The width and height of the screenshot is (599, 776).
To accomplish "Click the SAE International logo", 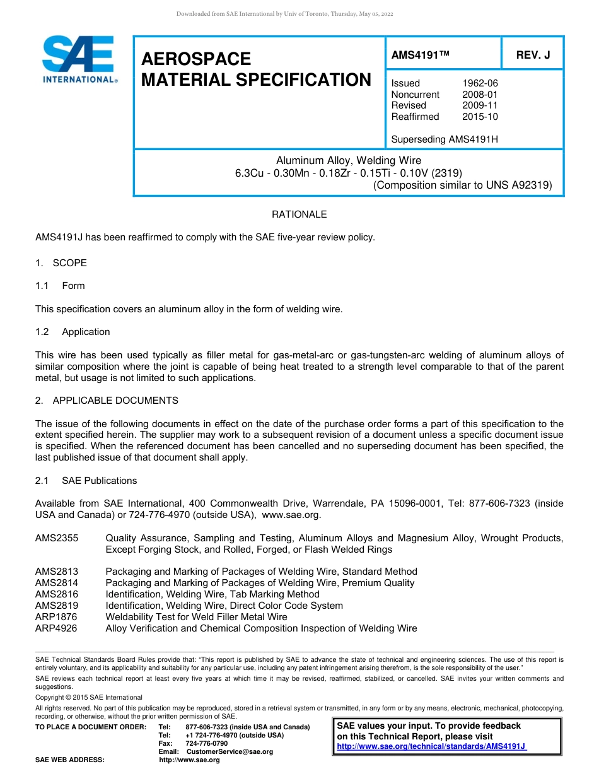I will pos(79,59).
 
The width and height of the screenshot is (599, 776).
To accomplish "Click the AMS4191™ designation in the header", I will pos(420,55).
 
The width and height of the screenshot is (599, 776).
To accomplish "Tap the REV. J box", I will pos(532,55).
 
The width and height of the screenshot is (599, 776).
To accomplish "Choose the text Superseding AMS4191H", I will pos(445,139).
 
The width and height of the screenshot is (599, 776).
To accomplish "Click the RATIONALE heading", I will pos(299,215).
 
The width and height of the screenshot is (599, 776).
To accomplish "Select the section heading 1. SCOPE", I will pos(61,263).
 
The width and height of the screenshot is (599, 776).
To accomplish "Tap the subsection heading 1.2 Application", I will pos(73,332).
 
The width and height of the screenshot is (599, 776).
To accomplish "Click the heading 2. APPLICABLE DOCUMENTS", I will pos(107,401).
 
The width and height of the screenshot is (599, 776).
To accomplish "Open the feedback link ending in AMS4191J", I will pos(431,746).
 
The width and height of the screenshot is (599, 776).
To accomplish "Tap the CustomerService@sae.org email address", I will pos(230,752).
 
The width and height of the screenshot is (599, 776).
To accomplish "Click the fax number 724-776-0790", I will pos(206,744).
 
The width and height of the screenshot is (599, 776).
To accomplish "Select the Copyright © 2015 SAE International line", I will pos(89,697).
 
